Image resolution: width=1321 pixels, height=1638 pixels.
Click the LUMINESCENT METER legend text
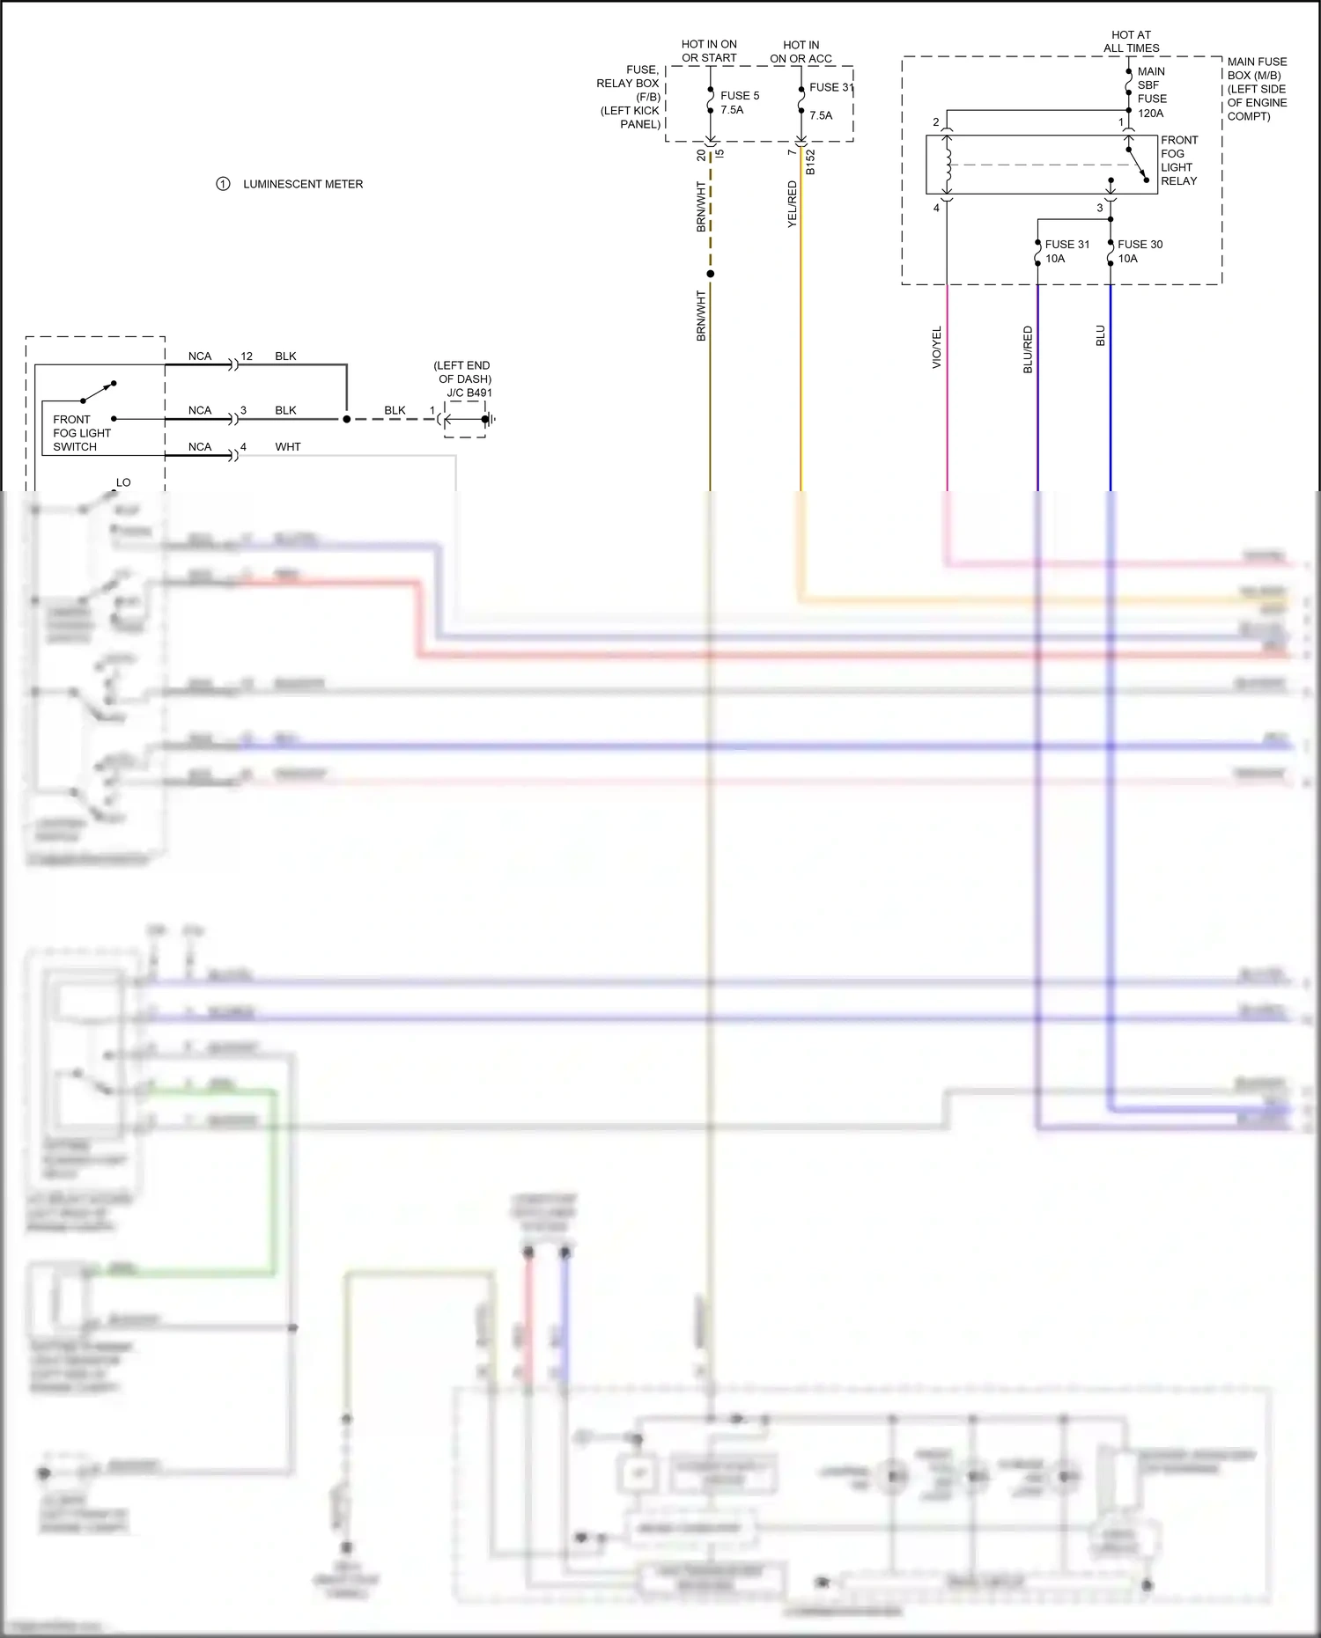303,184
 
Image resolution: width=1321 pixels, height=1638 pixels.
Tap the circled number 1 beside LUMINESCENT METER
223,184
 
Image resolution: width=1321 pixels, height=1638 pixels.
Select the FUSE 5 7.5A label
739,102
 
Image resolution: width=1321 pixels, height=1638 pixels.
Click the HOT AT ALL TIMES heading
1131,41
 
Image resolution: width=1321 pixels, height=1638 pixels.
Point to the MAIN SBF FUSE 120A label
1151,92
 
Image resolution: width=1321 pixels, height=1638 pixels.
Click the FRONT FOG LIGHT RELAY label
1179,160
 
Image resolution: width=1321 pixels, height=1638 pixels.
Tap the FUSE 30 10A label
1140,251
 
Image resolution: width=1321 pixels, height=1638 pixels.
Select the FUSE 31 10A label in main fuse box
1066,251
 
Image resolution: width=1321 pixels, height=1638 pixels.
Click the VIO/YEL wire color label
937,347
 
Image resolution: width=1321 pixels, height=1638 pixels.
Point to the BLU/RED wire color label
1028,349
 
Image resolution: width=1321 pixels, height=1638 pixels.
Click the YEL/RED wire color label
792,204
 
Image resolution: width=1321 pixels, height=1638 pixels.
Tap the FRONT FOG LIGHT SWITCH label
81,433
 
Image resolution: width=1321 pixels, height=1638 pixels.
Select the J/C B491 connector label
469,393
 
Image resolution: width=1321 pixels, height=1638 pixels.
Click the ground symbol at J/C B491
490,419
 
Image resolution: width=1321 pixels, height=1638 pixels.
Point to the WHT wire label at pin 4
287,447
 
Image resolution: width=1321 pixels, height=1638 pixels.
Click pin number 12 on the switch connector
247,356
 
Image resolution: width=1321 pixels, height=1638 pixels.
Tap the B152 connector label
810,162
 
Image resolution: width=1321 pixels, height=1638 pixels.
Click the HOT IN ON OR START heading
709,51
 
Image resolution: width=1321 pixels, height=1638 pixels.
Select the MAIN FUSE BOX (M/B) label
1257,89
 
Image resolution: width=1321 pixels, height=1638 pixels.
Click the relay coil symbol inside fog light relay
947,165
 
